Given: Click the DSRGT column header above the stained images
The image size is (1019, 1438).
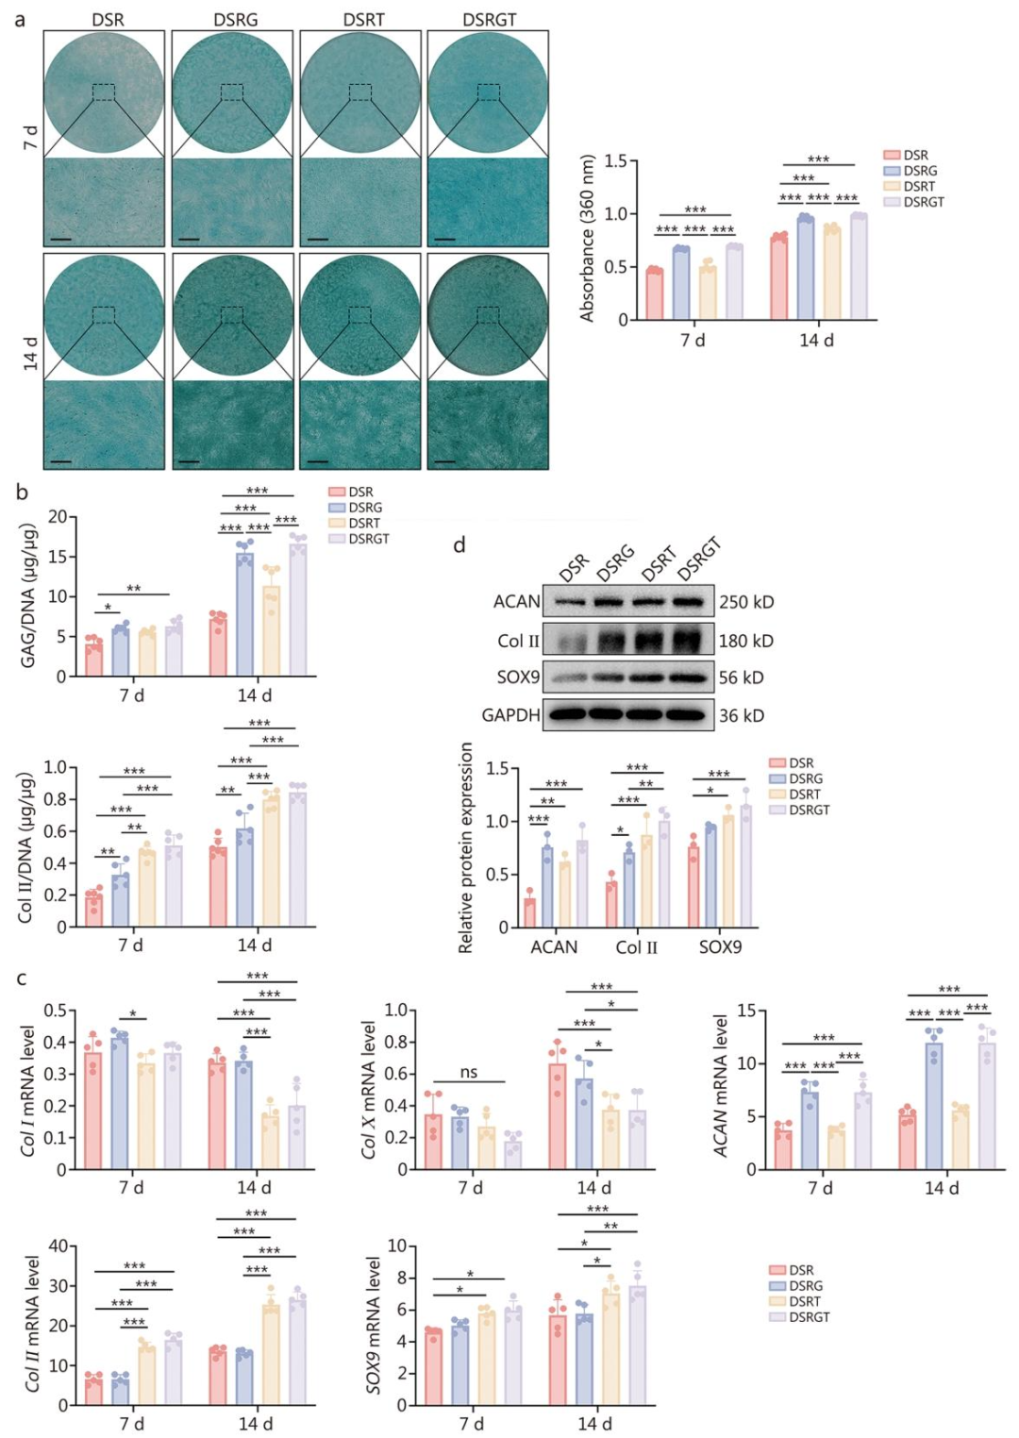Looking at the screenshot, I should tap(489, 19).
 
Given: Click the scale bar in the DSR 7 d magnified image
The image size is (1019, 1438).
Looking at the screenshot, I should tap(61, 239).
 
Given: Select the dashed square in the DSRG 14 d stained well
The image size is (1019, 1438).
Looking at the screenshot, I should tap(232, 315).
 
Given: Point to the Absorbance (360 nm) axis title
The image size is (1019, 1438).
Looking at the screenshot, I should tap(588, 238).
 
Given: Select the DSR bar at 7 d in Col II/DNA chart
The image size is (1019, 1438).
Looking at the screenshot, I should tap(93, 909).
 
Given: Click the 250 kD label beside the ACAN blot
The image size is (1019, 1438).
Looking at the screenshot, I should tap(746, 602).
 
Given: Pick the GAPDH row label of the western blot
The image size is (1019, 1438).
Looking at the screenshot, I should tap(510, 715).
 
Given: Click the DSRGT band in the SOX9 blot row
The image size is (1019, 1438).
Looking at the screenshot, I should tap(689, 677).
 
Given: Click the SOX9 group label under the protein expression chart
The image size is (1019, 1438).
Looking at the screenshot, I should tap(720, 946).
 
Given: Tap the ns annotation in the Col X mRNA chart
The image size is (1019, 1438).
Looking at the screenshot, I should tap(469, 1072).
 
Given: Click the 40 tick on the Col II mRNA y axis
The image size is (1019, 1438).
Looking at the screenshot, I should tap(58, 1246).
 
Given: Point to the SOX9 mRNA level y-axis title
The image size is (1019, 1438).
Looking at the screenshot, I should tap(374, 1326).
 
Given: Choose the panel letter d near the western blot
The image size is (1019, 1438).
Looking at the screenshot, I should tap(459, 544).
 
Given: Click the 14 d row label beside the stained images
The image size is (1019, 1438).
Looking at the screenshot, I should tap(30, 354).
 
